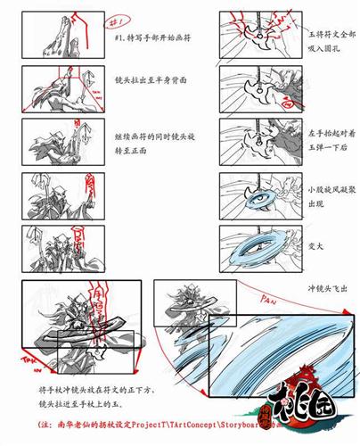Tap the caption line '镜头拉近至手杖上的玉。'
[102, 402]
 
